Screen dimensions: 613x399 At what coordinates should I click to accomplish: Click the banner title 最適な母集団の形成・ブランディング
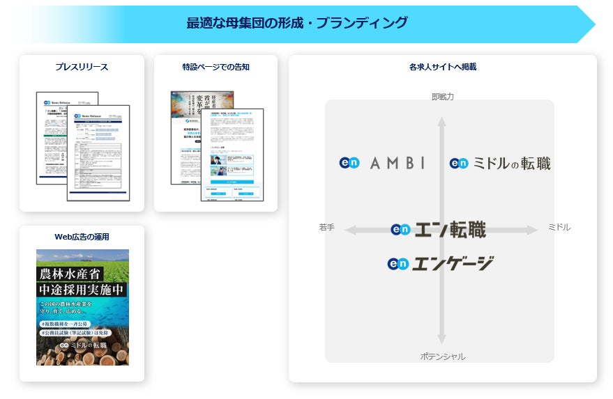point(296,23)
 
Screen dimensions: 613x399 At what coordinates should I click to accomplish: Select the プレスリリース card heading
point(82,68)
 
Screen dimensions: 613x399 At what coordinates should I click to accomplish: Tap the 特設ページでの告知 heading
point(215,68)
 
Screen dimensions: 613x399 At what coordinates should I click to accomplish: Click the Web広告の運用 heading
point(82,237)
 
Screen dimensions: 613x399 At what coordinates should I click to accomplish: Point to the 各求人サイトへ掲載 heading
point(442,68)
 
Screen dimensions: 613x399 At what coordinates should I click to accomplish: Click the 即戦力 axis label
point(442,97)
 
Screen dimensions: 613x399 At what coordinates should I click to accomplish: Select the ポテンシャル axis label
point(442,357)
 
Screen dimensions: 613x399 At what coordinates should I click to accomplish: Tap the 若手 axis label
point(326,227)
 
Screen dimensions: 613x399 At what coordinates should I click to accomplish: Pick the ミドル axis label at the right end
point(559,227)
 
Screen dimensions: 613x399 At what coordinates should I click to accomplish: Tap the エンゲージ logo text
point(453,264)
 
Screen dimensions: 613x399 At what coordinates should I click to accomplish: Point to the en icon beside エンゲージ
point(398,264)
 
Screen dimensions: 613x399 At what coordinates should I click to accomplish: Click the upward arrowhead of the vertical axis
point(441,121)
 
